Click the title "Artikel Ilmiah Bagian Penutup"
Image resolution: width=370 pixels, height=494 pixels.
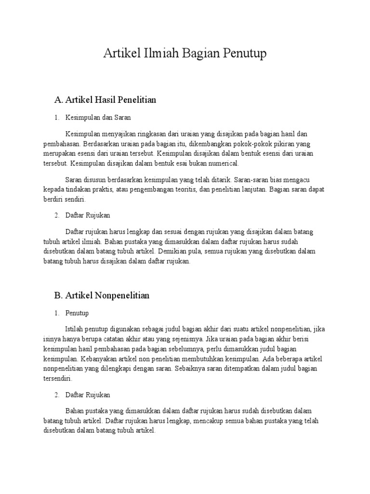coord(185,54)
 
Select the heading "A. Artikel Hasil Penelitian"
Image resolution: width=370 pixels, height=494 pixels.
coord(106,100)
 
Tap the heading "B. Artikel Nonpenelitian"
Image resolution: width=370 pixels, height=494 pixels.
coord(102,295)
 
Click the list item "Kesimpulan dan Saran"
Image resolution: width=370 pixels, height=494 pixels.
coord(98,117)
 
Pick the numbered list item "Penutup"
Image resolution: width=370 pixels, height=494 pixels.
coord(77,313)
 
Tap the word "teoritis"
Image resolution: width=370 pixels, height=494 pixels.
coord(183,190)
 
